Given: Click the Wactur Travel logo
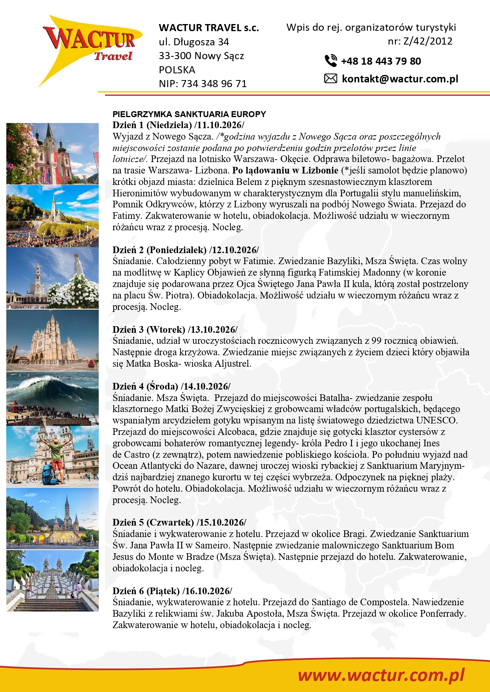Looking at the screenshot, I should (x=92, y=47).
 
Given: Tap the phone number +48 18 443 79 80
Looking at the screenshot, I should (x=381, y=61).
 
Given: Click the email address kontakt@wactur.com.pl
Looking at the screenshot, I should (x=400, y=79).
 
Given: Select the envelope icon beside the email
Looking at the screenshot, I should (x=330, y=79).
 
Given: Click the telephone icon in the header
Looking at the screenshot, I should (x=330, y=61).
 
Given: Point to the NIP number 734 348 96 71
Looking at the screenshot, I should (x=214, y=84).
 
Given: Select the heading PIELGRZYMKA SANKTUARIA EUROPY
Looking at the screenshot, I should (x=189, y=114).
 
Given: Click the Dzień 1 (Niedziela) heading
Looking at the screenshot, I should (x=152, y=125).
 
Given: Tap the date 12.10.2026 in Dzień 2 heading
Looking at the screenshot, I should (x=235, y=250).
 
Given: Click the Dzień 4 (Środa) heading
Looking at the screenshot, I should (x=145, y=386).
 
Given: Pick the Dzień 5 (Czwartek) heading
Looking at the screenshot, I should (x=153, y=522).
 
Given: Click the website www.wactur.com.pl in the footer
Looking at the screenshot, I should (x=381, y=675).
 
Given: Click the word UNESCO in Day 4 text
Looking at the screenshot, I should (x=436, y=421).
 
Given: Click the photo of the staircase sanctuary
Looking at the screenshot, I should (x=53, y=581).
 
